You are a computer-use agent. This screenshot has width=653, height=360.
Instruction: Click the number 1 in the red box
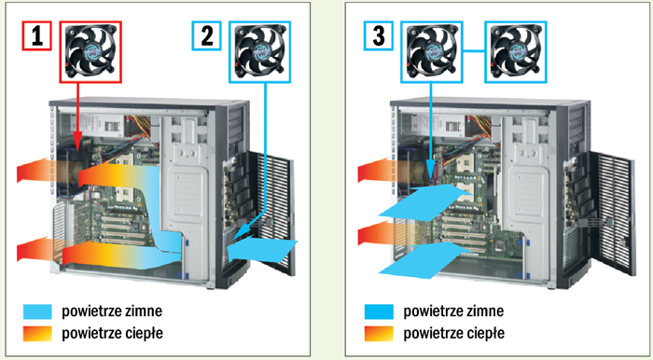tap(36, 36)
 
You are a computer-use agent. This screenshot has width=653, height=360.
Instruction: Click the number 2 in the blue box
tap(206, 36)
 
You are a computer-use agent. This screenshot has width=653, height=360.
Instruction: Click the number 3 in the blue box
tap(378, 36)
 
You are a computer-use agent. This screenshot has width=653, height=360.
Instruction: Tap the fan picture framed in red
tap(90, 52)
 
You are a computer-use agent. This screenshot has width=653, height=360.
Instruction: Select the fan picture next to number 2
tap(260, 52)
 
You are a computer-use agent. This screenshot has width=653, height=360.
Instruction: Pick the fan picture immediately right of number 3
tap(431, 52)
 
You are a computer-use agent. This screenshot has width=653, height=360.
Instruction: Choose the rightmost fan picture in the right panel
tap(516, 52)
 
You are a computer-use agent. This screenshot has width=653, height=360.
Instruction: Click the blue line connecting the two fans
tap(474, 52)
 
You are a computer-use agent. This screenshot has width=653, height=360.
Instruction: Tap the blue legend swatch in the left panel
tap(38, 312)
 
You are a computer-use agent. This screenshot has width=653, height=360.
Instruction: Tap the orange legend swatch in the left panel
tap(38, 333)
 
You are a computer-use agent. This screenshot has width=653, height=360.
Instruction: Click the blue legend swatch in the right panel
tap(379, 312)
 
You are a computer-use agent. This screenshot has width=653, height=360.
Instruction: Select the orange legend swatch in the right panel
tap(379, 333)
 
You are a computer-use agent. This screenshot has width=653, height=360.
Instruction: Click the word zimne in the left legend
tap(144, 311)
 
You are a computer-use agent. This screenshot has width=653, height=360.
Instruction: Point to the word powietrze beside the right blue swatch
tap(431, 312)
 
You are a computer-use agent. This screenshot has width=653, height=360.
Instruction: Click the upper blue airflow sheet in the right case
tap(424, 202)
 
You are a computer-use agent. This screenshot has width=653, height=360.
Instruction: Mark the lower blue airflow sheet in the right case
tap(424, 259)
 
